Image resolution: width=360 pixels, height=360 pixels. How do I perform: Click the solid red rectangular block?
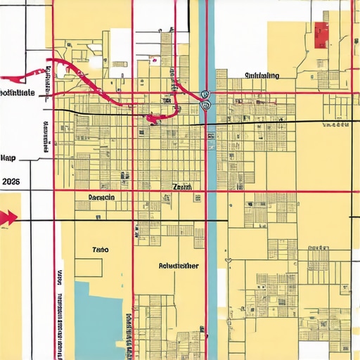[322, 34]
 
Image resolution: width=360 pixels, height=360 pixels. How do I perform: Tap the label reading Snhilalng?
[262, 76]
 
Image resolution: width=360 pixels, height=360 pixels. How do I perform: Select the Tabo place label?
[101, 249]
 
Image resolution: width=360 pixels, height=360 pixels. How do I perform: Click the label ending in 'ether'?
[179, 266]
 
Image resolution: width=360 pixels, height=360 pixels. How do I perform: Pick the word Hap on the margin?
[9, 157]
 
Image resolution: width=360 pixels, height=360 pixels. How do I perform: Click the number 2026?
[11, 181]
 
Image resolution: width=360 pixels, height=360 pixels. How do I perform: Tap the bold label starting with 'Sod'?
[18, 92]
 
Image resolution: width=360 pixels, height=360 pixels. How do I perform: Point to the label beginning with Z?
[181, 188]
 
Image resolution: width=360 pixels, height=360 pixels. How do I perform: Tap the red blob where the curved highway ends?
[151, 120]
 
